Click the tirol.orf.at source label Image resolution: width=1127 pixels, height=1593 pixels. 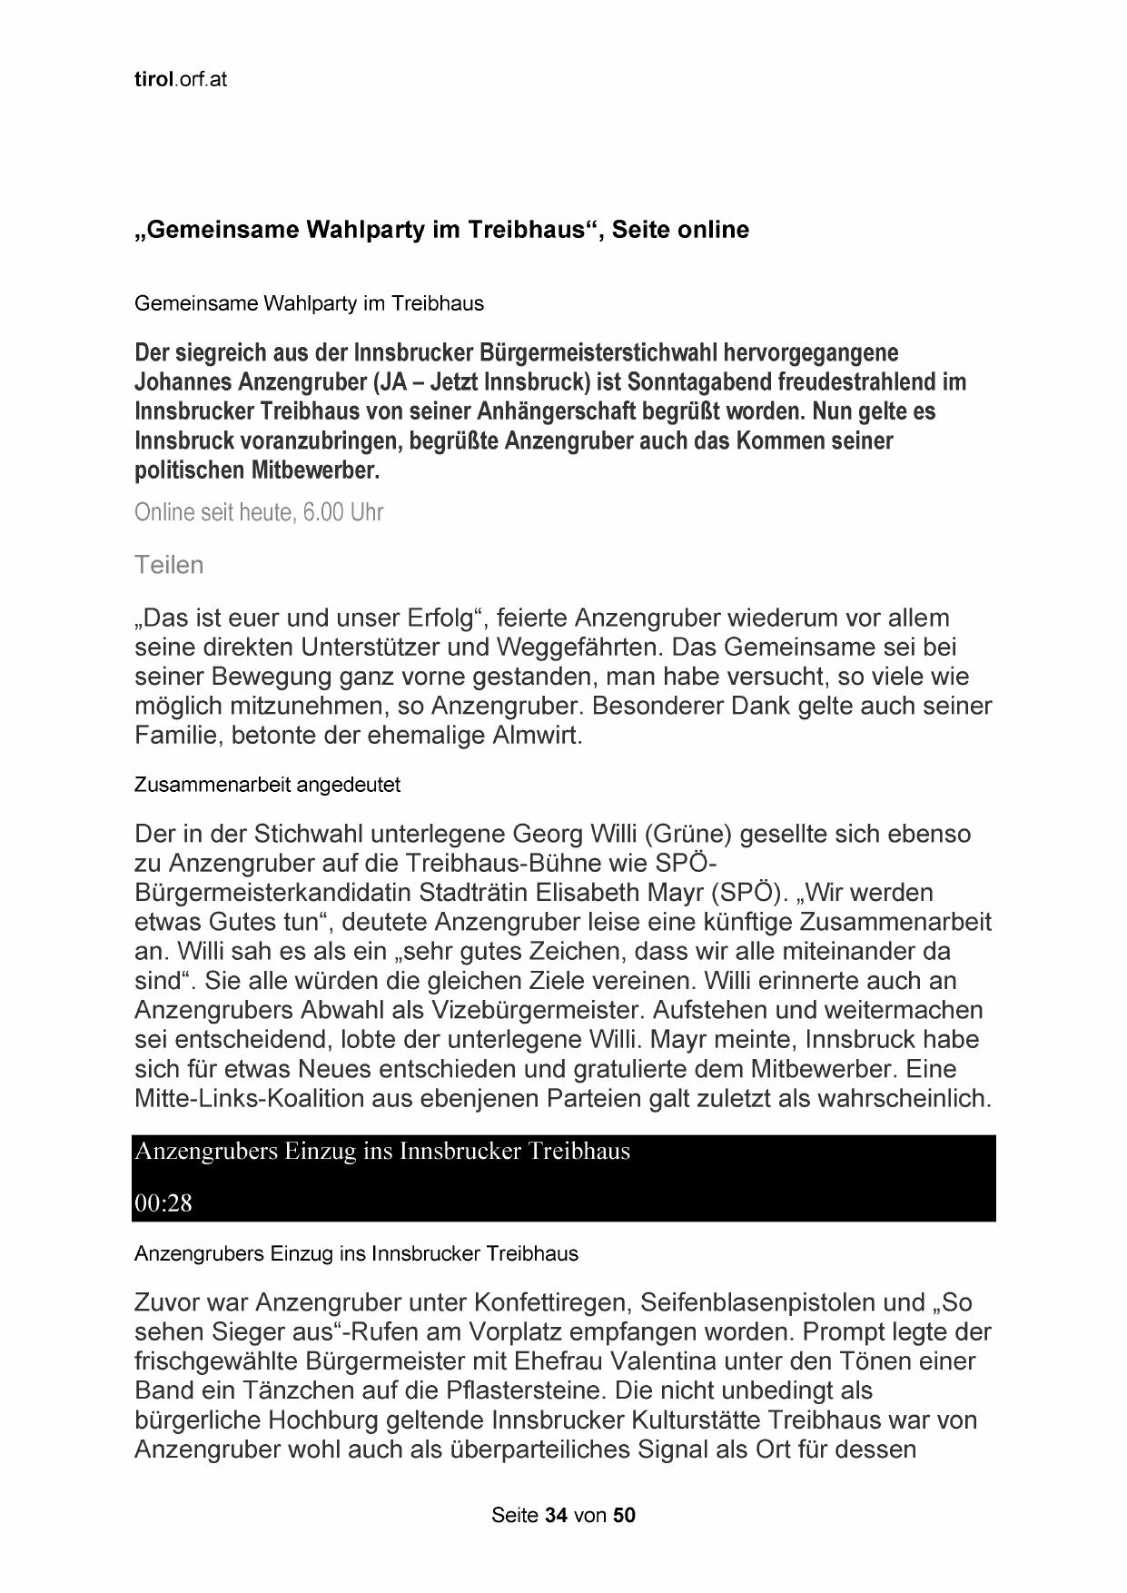[180, 80]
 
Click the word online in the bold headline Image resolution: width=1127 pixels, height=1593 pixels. [713, 231]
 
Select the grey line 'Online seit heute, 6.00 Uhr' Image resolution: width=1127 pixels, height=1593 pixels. [259, 512]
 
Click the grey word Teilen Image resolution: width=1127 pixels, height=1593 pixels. [169, 565]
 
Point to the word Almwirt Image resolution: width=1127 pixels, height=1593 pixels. [537, 735]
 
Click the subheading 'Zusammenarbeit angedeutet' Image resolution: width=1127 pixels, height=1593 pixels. [267, 785]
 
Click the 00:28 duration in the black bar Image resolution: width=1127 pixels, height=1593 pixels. [163, 1203]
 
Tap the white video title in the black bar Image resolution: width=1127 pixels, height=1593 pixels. [381, 1152]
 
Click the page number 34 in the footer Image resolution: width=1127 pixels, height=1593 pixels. [556, 1516]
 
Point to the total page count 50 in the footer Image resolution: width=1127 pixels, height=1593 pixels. [625, 1516]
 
